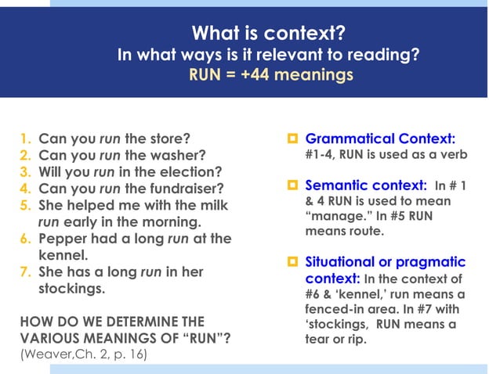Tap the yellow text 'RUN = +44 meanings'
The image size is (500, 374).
pos(270,76)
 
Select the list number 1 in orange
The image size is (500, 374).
pos(24,138)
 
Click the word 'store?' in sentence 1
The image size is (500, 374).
pos(170,138)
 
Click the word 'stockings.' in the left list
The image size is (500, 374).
pos(71,289)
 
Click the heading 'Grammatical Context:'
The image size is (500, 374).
pos(380,138)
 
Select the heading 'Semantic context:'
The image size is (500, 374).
pos(365,185)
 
